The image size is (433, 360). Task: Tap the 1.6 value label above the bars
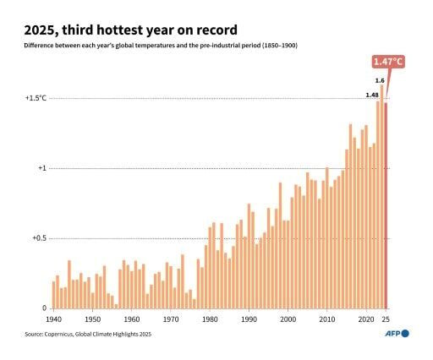pos(380,79)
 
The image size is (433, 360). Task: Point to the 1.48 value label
pos(371,95)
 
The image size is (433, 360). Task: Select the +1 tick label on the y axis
pos(40,168)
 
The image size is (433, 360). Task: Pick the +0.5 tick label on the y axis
pos(36,238)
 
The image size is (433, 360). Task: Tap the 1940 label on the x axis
pos(53,320)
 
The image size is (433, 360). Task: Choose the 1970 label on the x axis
pos(171,320)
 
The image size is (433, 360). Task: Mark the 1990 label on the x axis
pos(249,320)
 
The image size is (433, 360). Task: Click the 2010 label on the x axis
pos(327,320)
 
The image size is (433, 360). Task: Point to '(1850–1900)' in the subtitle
pos(278,44)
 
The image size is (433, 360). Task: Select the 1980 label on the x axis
pos(210,320)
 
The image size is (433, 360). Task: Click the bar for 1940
pos(53,295)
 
